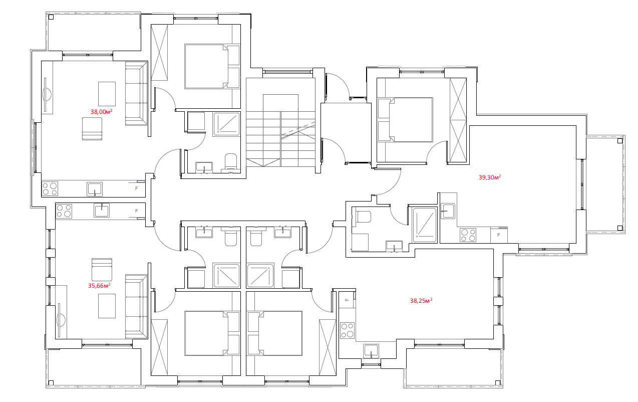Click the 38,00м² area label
101,111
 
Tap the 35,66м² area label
99,285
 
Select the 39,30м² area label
490,177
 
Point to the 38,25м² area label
421,300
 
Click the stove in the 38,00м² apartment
50,189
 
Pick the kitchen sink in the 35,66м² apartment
102,210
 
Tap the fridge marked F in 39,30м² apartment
499,235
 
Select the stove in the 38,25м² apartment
347,330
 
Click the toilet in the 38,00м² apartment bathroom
231,162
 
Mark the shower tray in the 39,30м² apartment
425,225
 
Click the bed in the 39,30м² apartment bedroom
405,120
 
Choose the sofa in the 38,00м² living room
136,93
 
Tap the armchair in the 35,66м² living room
102,270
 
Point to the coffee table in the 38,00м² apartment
107,94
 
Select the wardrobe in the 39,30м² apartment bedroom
458,120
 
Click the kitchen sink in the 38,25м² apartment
371,351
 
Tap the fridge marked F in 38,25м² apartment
347,300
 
